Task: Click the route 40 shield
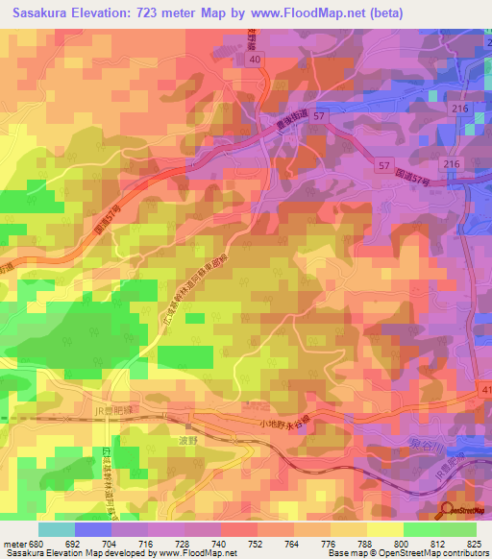255,60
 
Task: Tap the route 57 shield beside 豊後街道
320,114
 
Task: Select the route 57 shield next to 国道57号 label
383,167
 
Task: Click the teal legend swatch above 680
57,529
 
